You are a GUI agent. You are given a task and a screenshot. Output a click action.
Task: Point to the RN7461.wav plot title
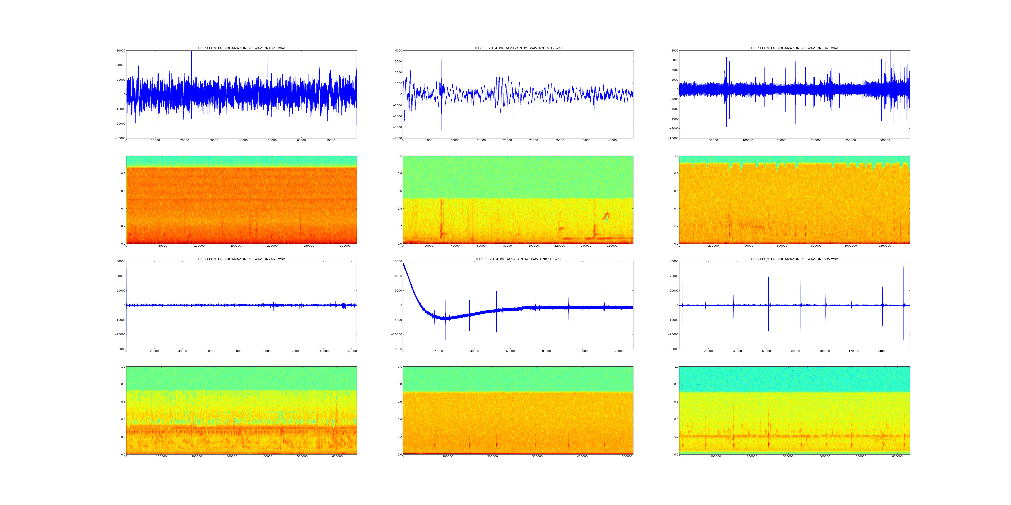241,259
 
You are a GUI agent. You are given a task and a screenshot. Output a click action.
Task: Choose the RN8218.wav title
518,259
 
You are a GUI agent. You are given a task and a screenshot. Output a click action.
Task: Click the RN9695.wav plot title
794,259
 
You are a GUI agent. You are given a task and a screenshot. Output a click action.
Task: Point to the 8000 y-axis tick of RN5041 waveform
673,50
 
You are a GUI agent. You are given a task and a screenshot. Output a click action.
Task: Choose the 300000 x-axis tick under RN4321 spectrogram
345,246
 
